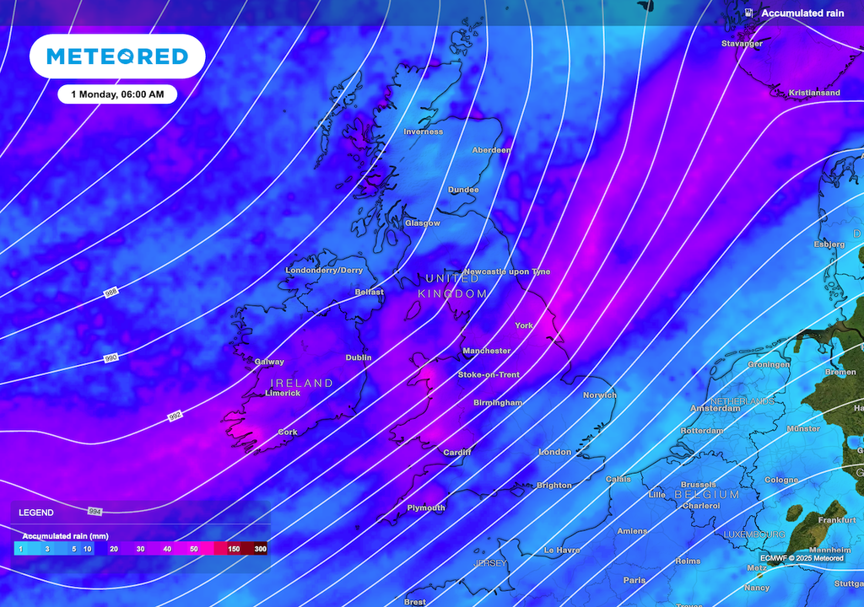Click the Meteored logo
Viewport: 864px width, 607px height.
click(117, 56)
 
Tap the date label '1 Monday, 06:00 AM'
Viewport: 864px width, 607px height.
click(117, 94)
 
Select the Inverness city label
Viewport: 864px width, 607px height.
click(423, 132)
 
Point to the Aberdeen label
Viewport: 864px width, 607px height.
click(491, 150)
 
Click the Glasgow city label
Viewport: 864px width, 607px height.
click(422, 223)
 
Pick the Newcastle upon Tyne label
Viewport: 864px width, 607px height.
click(507, 271)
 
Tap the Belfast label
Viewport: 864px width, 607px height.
click(369, 293)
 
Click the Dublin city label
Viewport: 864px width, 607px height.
click(359, 357)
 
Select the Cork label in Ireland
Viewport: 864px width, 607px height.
click(288, 432)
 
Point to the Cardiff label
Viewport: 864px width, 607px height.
click(457, 453)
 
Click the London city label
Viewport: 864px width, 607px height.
click(555, 453)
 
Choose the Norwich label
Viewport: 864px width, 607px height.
click(600, 395)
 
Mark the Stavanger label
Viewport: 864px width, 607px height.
click(742, 43)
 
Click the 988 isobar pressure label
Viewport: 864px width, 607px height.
click(111, 293)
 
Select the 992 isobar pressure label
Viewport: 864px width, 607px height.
click(175, 416)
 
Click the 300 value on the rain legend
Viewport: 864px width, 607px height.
click(261, 549)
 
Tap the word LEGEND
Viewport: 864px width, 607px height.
click(36, 513)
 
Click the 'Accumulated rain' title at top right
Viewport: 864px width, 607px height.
click(802, 13)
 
